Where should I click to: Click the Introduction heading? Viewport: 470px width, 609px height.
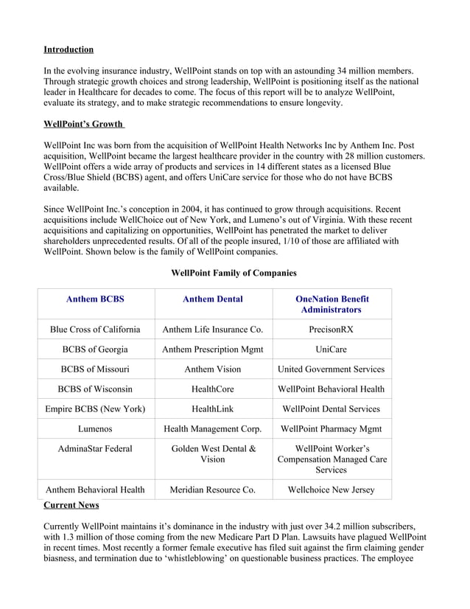point(69,49)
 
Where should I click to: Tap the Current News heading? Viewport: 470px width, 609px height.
point(71,505)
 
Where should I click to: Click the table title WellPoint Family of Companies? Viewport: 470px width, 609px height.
point(234,273)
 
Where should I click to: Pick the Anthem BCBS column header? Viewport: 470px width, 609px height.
point(95,299)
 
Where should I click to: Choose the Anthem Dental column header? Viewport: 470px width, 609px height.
point(213,299)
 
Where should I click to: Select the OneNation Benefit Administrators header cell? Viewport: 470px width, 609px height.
point(332,304)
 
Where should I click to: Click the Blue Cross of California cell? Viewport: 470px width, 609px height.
point(95,329)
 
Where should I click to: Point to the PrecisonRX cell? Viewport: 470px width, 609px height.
point(332,329)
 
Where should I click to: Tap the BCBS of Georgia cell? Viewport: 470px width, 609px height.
point(95,349)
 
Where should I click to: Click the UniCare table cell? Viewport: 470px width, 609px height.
point(332,349)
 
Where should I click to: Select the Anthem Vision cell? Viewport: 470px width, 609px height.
point(213,369)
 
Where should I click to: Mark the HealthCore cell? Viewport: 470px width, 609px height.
point(213,389)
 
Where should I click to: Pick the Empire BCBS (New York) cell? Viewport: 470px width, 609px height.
point(95,408)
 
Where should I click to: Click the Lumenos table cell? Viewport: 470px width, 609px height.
point(95,428)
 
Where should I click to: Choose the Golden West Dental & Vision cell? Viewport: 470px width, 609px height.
point(213,453)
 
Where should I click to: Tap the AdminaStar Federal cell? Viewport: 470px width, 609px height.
point(95,448)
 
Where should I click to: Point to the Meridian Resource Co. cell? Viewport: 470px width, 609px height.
point(213,489)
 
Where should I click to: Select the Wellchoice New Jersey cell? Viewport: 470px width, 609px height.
point(332,489)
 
